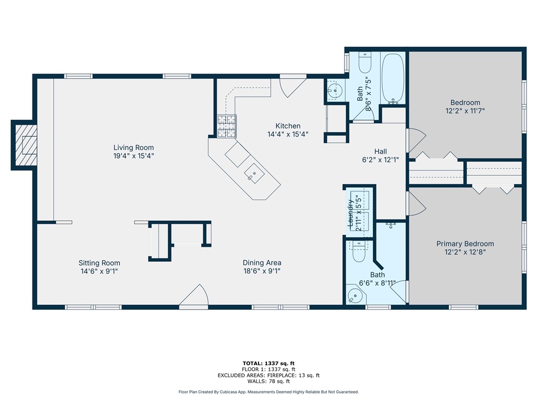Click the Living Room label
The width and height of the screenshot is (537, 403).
134,147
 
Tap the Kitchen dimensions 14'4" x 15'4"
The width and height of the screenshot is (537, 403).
288,134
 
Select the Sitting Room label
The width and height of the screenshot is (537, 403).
99,263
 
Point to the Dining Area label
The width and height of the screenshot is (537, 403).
262,263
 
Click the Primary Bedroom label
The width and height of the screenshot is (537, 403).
465,243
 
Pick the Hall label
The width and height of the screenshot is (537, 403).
381,152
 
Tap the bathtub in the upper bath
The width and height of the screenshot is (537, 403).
393,78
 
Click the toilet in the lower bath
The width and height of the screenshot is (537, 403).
359,251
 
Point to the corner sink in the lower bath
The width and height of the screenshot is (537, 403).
355,295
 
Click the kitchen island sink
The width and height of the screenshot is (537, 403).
254,174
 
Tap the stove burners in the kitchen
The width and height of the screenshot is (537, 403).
227,126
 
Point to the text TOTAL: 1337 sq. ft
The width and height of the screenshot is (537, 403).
268,364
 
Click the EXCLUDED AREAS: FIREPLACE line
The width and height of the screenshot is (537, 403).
268,376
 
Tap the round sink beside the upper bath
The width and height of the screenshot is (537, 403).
335,90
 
